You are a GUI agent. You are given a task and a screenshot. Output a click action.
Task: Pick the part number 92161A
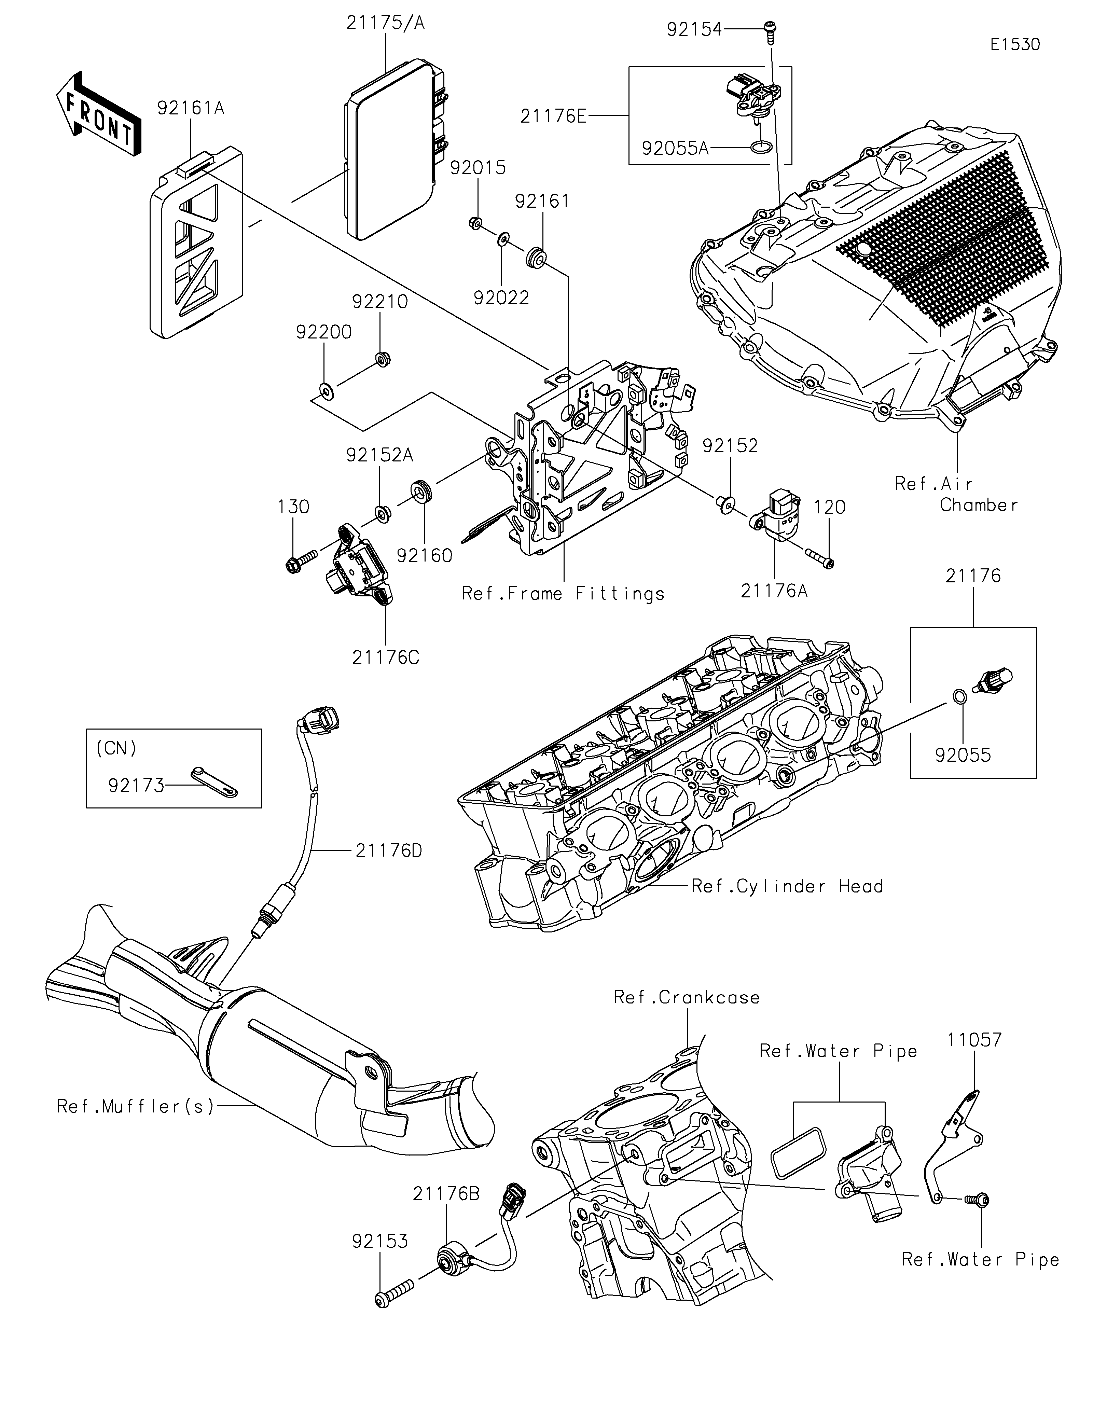click(x=191, y=108)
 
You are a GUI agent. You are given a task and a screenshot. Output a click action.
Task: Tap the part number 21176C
click(x=386, y=657)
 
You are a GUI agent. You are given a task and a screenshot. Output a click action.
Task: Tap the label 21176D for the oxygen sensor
click(x=388, y=850)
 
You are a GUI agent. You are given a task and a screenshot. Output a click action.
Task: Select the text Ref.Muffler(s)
click(x=135, y=1106)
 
